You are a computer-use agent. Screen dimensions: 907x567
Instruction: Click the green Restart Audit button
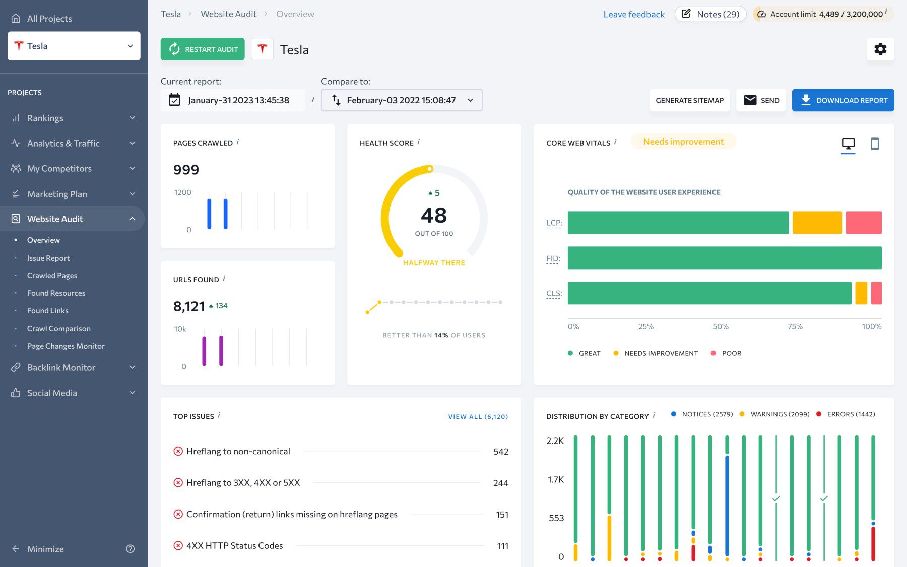(203, 49)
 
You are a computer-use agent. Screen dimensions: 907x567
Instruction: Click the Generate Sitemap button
(689, 100)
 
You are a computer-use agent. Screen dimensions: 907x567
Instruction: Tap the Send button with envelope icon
(761, 100)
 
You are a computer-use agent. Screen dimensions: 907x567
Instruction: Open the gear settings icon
(880, 49)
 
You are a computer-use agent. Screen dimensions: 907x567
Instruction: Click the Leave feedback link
(633, 14)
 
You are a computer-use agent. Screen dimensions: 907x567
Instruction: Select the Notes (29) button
(710, 14)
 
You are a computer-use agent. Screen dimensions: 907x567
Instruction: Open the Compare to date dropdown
(402, 100)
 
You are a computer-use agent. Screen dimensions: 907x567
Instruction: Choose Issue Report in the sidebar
(48, 258)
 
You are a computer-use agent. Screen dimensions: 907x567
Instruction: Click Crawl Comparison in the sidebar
(59, 329)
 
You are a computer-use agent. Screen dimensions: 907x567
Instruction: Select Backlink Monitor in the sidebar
(61, 368)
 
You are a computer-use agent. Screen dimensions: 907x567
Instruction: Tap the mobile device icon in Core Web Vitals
(874, 144)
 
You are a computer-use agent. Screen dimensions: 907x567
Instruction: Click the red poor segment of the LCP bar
(863, 223)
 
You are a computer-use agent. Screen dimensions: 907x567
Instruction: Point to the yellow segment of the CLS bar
(861, 293)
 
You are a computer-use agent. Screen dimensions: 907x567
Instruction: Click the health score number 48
(433, 216)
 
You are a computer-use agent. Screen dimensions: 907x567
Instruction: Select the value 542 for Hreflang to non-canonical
(500, 452)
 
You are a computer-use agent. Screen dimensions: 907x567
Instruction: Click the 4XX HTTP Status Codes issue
(234, 546)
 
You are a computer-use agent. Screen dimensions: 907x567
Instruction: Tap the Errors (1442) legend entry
(851, 414)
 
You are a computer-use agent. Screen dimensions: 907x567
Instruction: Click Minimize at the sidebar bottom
(45, 549)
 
